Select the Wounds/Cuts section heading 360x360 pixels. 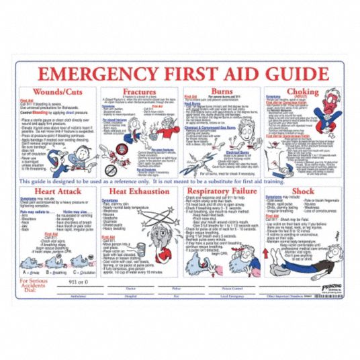55,91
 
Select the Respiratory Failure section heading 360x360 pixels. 223,192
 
